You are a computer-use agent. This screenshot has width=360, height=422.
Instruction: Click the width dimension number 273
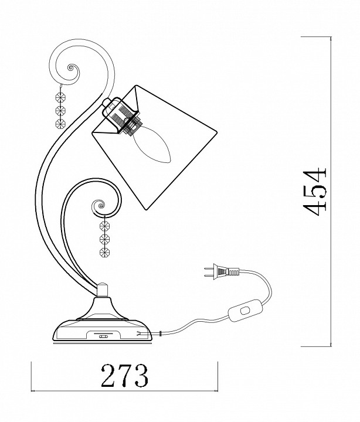tap(125, 376)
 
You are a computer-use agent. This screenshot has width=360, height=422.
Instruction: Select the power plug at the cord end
tap(222, 271)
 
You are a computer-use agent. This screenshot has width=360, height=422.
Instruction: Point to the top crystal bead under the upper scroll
tap(60, 97)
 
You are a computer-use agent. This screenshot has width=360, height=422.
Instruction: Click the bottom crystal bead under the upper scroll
tap(60, 124)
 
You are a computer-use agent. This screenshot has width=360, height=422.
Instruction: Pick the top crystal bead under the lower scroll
tap(104, 226)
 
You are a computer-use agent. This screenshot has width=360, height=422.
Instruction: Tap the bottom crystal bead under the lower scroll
tap(104, 253)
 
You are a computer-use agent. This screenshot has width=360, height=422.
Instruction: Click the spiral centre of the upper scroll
tap(70, 68)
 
